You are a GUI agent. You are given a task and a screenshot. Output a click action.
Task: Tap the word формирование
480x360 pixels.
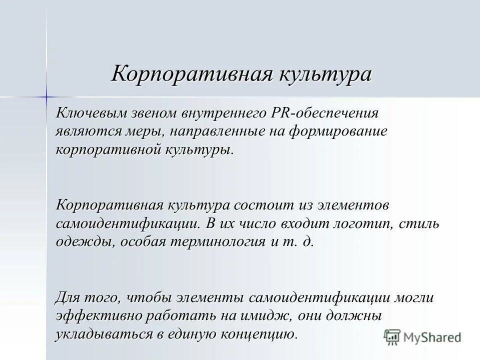point(344,131)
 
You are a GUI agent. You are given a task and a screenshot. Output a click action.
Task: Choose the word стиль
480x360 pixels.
point(420,223)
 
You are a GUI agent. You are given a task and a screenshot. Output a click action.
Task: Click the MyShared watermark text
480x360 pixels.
point(433,337)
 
